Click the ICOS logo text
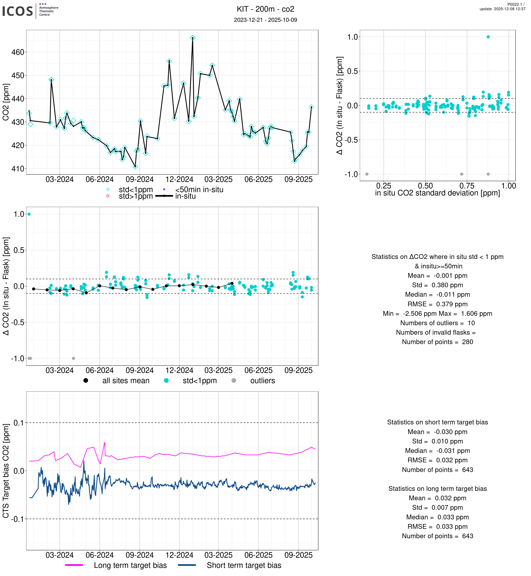[18, 11]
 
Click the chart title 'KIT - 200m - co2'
[265, 9]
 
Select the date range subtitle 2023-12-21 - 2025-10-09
[265, 20]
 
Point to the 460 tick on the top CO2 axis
[18, 52]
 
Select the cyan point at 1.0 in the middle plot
[29, 214]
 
